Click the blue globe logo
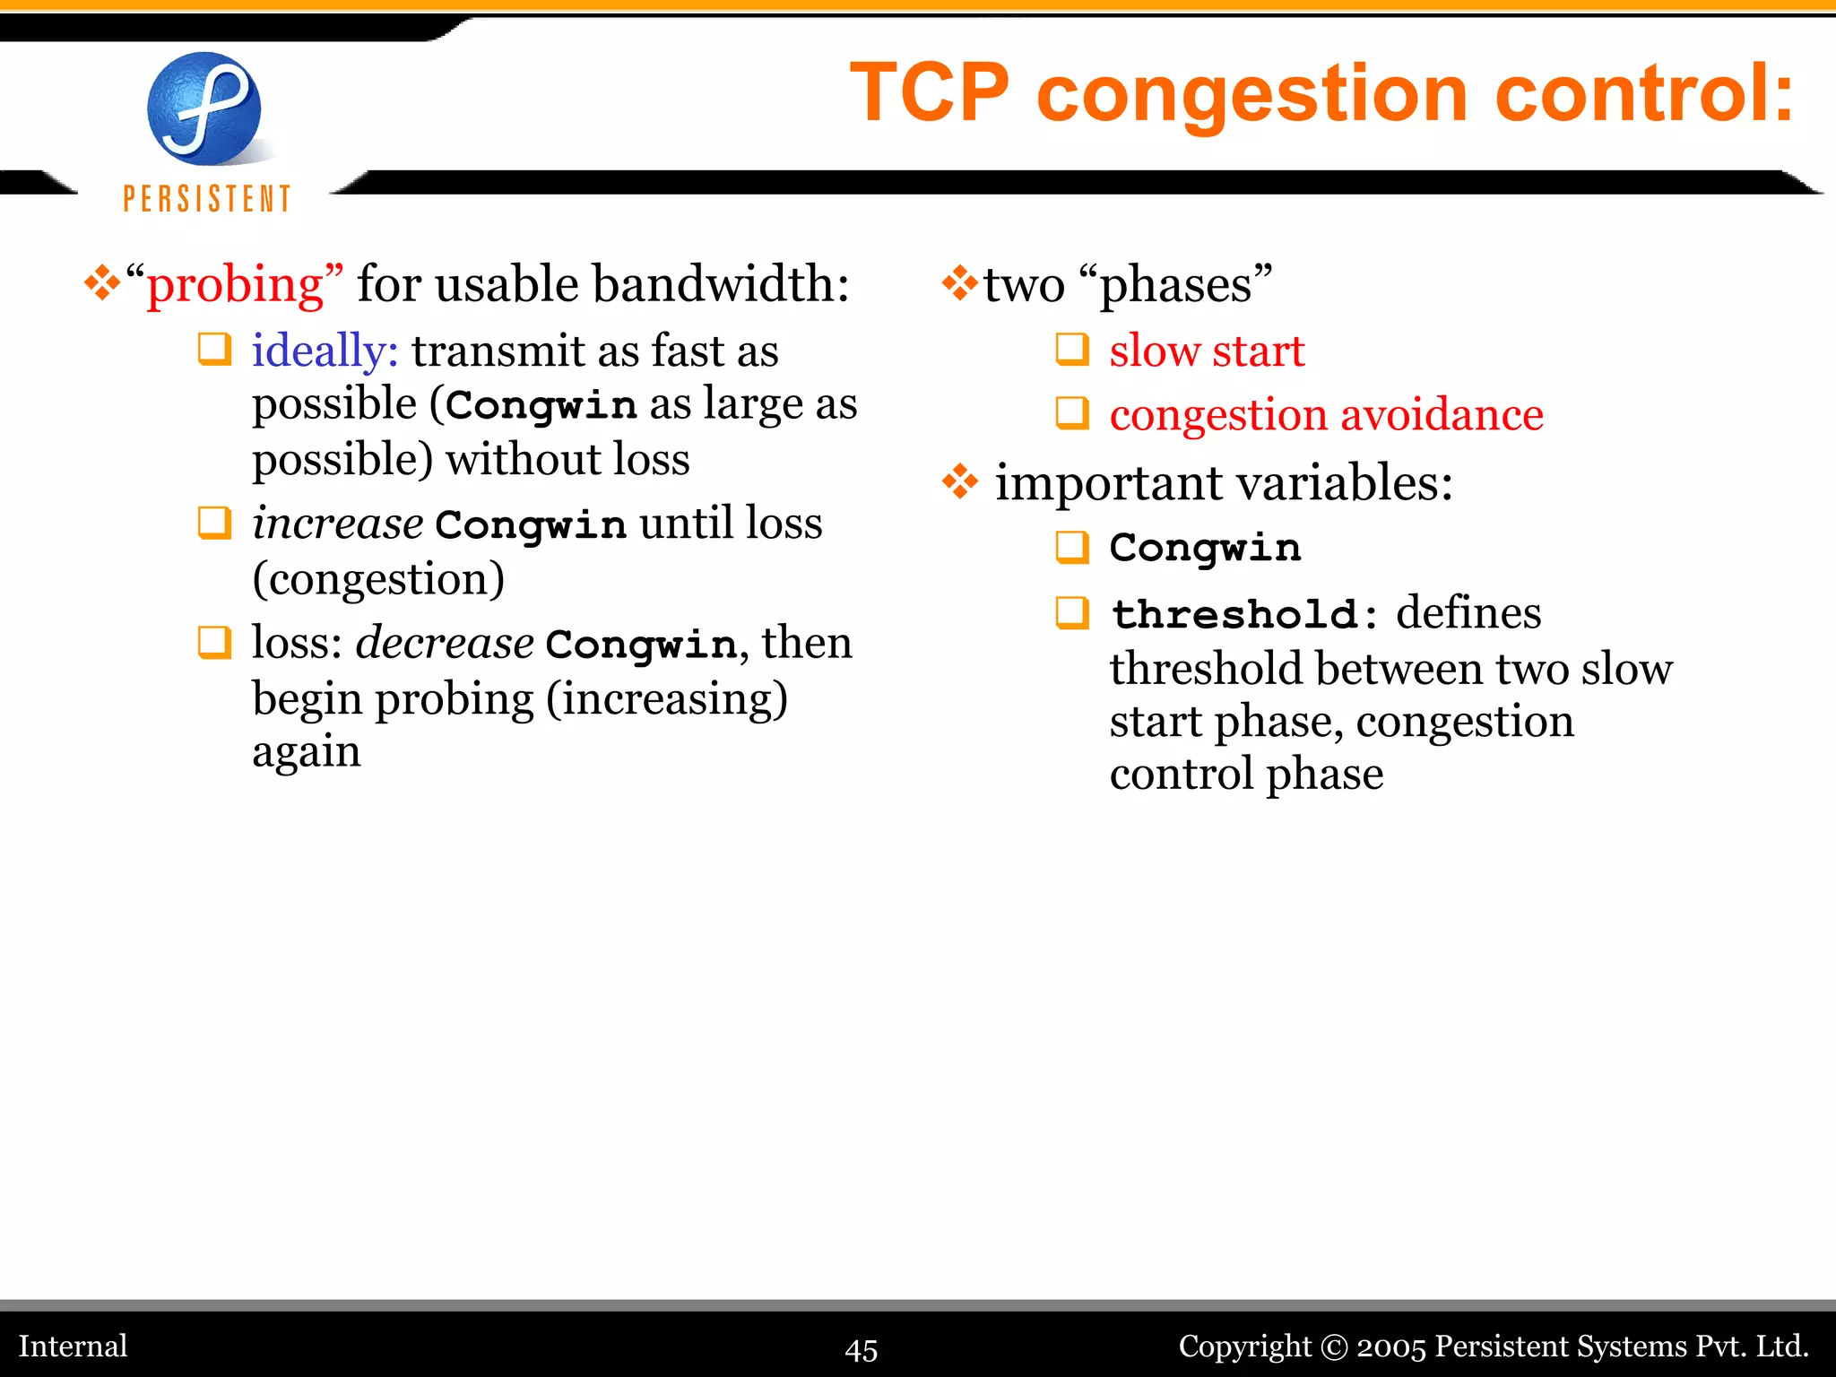tap(204, 108)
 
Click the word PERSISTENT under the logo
tap(207, 198)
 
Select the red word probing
tap(235, 285)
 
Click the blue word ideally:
tap(325, 351)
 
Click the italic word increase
tap(337, 524)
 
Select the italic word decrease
tap(445, 644)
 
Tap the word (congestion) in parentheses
tap(378, 579)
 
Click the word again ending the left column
tap(306, 751)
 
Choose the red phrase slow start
tap(1206, 351)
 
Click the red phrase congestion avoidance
tap(1326, 415)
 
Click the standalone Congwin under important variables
tap(1204, 548)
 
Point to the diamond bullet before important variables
tap(959, 482)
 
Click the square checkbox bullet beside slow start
tap(1072, 350)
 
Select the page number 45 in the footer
tap(862, 1349)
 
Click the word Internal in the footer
tap(74, 1347)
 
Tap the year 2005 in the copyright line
tap(1390, 1347)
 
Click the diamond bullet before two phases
tap(959, 283)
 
